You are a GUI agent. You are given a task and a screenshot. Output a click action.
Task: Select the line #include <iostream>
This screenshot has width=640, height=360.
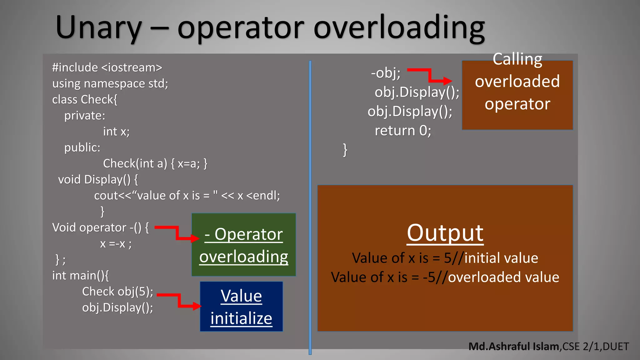pos(107,67)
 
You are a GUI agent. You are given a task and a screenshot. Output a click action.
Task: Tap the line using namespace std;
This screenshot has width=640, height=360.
pos(110,83)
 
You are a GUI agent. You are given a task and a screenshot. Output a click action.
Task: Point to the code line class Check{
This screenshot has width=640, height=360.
pos(85,99)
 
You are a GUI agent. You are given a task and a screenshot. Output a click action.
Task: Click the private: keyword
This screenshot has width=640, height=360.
pos(85,116)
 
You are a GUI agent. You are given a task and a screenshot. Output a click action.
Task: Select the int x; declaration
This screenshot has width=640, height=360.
pos(116,132)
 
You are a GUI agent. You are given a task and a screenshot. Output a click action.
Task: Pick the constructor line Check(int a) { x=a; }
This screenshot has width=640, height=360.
pos(155,163)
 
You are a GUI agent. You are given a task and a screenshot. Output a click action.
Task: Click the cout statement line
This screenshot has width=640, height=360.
pos(187,196)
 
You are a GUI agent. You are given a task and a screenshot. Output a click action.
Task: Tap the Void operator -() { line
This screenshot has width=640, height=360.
pos(100,227)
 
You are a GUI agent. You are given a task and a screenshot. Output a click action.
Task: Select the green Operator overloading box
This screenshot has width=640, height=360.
pos(243,245)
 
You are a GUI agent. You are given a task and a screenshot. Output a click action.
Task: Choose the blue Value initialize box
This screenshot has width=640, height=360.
pos(241,306)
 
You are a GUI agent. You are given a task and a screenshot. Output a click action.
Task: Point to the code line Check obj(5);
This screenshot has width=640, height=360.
pos(117,292)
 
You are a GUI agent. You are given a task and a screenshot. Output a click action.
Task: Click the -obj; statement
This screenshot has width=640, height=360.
pos(386,73)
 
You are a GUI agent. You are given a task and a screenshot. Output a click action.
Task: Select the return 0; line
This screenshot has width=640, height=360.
pos(403,131)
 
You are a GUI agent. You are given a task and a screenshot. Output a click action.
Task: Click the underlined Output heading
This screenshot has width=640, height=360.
pos(445,233)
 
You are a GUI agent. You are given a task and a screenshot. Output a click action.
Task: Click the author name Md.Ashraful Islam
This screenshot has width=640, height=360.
pos(514,346)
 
